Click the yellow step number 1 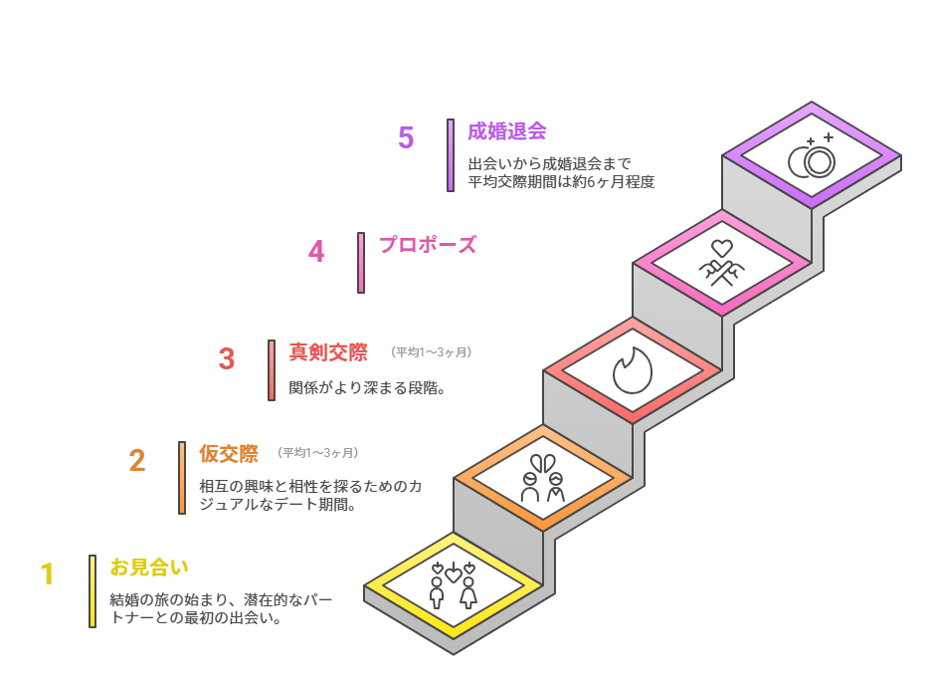[x=47, y=574]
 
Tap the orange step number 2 [x=137, y=460]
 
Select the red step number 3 [x=227, y=358]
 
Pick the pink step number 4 [x=316, y=251]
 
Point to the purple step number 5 [x=406, y=137]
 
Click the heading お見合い [x=149, y=567]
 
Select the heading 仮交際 [x=229, y=453]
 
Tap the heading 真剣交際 [x=328, y=351]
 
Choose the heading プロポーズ [x=428, y=244]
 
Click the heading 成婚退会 [x=507, y=130]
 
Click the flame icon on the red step [x=633, y=370]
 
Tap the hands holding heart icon [x=722, y=263]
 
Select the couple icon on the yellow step [x=453, y=585]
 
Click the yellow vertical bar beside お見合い [x=93, y=591]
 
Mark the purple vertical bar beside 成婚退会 [x=451, y=155]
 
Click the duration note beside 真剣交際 [x=431, y=352]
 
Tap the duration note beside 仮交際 [x=318, y=453]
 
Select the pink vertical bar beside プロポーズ [x=361, y=263]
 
